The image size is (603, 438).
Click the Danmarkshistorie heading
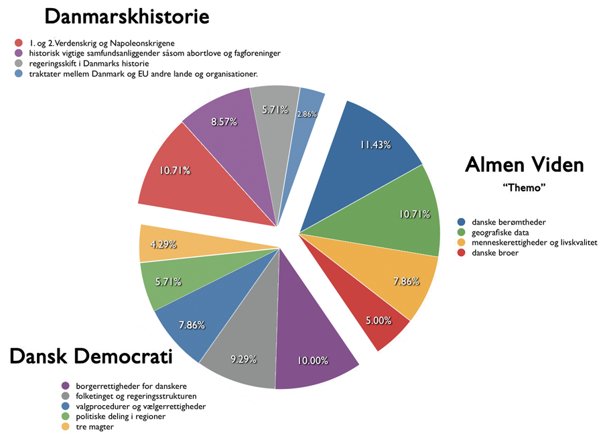(127, 16)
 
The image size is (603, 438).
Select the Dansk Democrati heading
(90, 357)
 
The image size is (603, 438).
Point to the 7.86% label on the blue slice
(192, 325)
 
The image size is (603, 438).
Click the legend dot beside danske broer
(461, 253)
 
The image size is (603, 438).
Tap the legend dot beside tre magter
(66, 427)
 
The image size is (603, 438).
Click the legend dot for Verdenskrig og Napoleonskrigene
(18, 43)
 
